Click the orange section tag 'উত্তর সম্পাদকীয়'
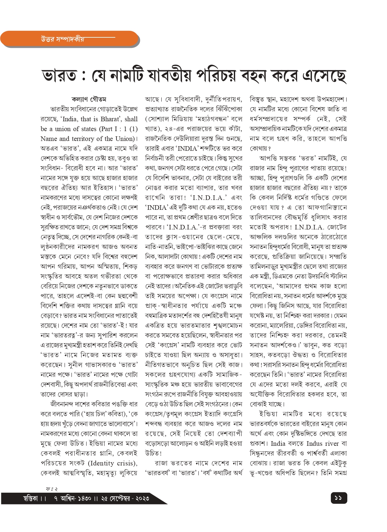click(60, 39)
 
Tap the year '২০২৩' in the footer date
click(141, 498)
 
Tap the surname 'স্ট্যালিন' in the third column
click(336, 276)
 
